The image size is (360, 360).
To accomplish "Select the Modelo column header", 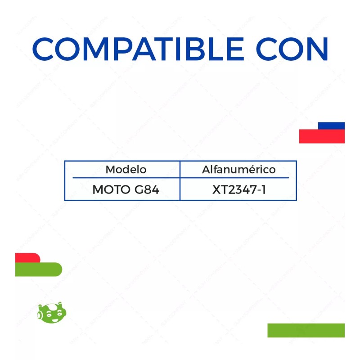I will click(x=126, y=170).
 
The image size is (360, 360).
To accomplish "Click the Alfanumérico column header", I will click(x=238, y=170).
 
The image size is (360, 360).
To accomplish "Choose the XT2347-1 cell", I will click(x=239, y=190).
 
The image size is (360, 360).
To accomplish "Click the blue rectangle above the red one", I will click(x=331, y=126).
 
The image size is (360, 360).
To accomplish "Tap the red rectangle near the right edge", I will click(x=321, y=136).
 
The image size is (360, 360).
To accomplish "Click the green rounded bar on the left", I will click(x=38, y=269).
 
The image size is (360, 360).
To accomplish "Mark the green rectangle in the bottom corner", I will click(x=306, y=330).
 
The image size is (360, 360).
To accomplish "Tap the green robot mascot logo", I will click(x=52, y=311).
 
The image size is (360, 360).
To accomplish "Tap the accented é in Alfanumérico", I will click(x=255, y=170).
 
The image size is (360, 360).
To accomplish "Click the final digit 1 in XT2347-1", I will click(x=264, y=190).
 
